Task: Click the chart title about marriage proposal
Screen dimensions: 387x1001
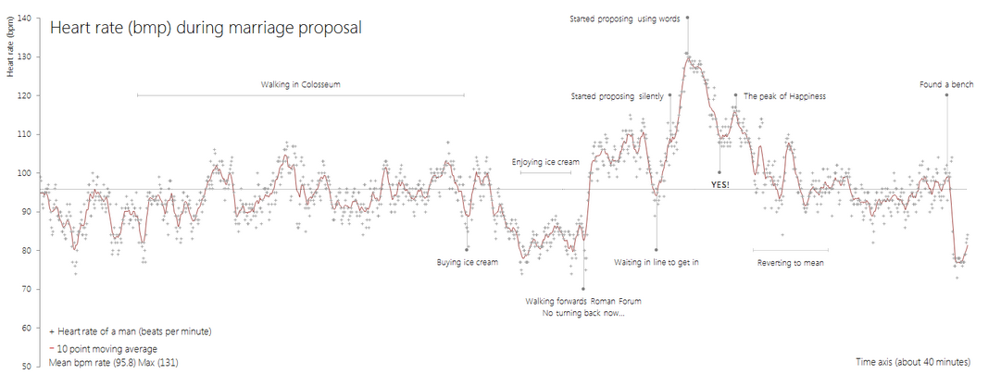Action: coord(206,28)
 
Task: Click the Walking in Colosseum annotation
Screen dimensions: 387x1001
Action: coord(301,85)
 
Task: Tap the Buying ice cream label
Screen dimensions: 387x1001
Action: coord(467,262)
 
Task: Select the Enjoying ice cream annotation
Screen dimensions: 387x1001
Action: coord(545,162)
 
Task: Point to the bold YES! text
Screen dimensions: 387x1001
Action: coord(719,185)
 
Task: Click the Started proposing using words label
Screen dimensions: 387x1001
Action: coord(625,18)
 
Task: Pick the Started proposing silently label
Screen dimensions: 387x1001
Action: coord(617,95)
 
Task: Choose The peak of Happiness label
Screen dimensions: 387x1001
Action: coord(784,95)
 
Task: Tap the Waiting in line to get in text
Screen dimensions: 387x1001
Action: coord(656,262)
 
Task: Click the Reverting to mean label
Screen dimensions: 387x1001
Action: coord(790,263)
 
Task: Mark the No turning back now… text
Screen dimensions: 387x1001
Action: coord(582,314)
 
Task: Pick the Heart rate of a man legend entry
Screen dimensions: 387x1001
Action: coord(130,331)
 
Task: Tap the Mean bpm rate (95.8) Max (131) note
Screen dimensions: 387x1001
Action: coord(113,363)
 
